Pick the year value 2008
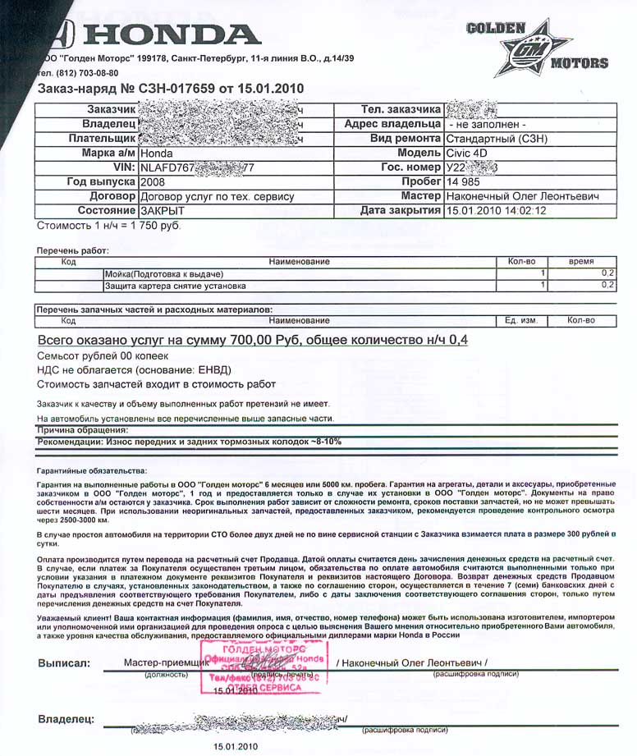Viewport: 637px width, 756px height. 155,181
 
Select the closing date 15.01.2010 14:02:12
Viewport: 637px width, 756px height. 496,211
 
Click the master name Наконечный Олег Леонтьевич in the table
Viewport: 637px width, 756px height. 521,196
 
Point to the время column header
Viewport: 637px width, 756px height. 581,261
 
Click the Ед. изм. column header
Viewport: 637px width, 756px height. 520,320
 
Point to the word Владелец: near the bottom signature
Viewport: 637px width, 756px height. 65,720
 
